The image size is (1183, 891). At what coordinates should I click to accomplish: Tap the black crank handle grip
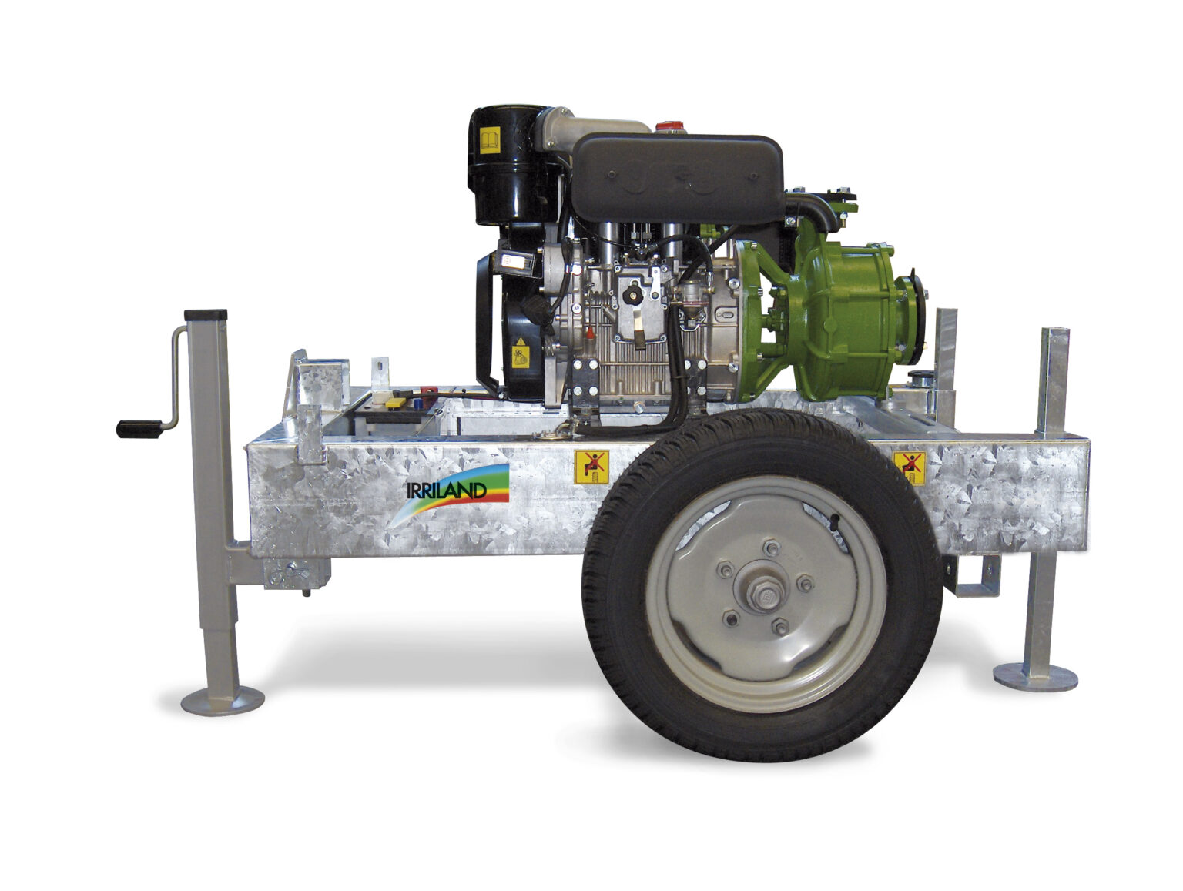[x=139, y=429]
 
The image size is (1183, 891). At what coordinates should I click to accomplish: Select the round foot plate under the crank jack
[x=222, y=702]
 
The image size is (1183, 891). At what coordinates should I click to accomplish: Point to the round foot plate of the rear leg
[x=1035, y=677]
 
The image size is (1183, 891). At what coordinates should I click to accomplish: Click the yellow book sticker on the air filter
[x=489, y=140]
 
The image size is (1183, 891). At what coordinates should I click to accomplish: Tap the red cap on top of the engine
[x=669, y=126]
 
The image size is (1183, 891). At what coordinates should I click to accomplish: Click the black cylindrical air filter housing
[x=507, y=164]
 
